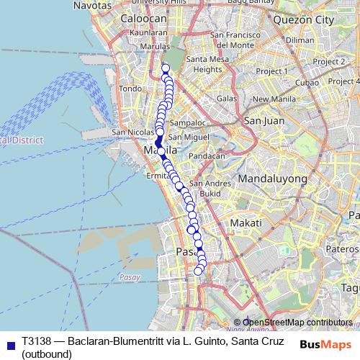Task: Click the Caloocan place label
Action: click(x=143, y=18)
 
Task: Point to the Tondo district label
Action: click(x=130, y=89)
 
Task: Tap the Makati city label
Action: click(x=246, y=224)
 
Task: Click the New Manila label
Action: click(x=270, y=99)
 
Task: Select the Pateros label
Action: click(x=343, y=248)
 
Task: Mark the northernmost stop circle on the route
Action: click(x=166, y=68)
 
